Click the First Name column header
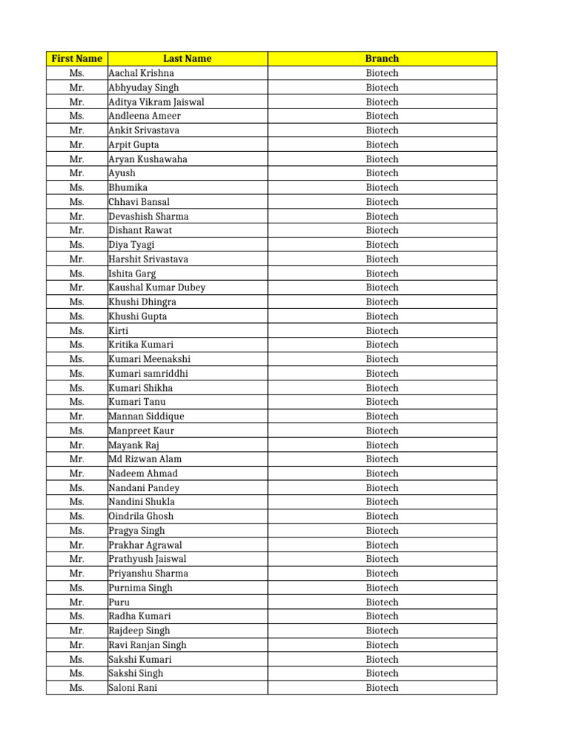[77, 58]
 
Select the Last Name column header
[187, 58]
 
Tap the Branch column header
[382, 58]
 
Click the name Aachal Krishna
[142, 73]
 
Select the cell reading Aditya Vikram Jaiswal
[157, 102]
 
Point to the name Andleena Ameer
[145, 116]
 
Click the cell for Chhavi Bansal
[140, 201]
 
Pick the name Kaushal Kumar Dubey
[157, 288]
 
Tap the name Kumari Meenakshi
[150, 359]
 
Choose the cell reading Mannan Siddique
[146, 416]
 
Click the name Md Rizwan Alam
[145, 459]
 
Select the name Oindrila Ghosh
[141, 516]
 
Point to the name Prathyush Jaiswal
[148, 559]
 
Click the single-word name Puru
[119, 602]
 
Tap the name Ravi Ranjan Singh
[148, 644]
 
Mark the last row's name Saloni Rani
[133, 688]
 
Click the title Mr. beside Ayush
[77, 173]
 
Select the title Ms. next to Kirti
[77, 330]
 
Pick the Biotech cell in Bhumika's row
[382, 187]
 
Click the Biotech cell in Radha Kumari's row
[382, 616]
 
